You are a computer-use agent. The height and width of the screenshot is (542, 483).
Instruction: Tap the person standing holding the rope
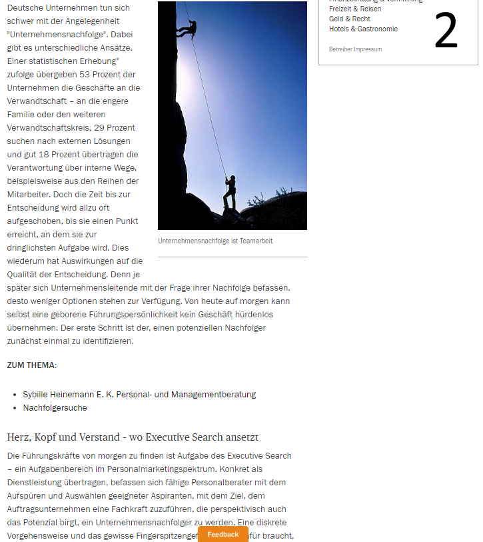230,193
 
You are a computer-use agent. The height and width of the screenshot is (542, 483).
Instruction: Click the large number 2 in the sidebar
446,31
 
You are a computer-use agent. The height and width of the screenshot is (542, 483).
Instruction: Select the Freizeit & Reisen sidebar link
355,9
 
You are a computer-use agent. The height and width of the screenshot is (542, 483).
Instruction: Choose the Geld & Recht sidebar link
350,19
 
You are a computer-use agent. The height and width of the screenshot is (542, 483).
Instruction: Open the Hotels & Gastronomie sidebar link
363,29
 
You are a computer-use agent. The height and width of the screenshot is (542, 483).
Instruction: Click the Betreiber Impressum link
355,49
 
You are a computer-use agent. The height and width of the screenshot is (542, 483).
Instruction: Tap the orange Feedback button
223,534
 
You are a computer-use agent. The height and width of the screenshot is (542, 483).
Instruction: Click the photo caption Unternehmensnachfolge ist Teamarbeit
215,241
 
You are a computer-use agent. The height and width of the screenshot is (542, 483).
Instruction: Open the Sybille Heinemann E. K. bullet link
139,394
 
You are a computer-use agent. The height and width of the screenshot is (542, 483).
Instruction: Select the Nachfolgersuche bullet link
55,407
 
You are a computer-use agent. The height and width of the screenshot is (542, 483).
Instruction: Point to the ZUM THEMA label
31,365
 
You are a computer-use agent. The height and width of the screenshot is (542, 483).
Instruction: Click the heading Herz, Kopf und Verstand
133,437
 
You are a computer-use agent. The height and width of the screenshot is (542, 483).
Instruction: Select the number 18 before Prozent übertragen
64,154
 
